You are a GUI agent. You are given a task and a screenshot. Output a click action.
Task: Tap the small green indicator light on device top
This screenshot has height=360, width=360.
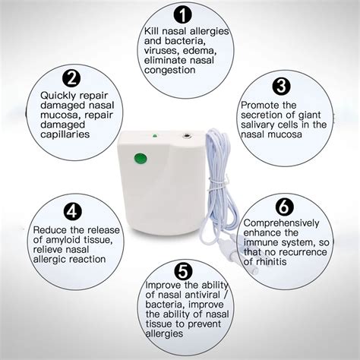[x=154, y=137]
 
